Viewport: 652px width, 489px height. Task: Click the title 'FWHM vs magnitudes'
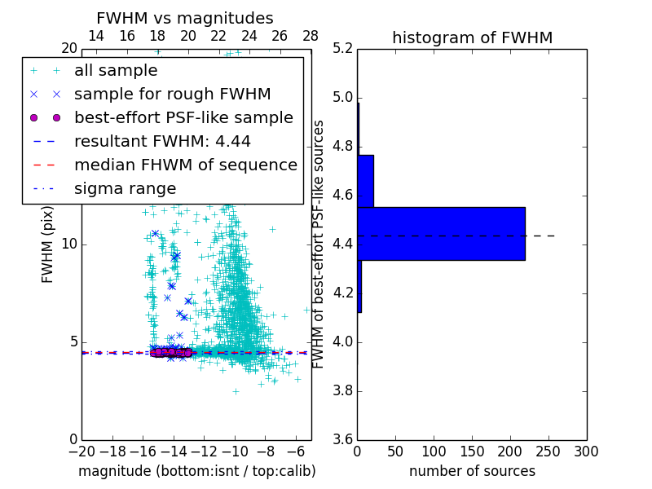click(x=185, y=19)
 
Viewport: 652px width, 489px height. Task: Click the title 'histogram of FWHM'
click(x=472, y=38)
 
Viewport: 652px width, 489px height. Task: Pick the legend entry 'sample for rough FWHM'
click(x=172, y=95)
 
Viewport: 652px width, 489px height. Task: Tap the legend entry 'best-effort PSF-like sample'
click(x=183, y=118)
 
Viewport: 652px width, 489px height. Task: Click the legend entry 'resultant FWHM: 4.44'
click(x=162, y=142)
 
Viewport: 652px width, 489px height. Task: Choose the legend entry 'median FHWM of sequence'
click(x=185, y=165)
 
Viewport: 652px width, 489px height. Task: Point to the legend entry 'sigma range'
click(x=125, y=189)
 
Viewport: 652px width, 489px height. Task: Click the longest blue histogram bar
click(x=441, y=234)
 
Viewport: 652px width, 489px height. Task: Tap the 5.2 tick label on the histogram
click(x=341, y=49)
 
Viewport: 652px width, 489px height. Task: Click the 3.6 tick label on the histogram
click(x=341, y=439)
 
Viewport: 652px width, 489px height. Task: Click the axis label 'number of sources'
click(x=472, y=471)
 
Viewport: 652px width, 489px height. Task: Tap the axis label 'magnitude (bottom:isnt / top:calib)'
click(x=196, y=471)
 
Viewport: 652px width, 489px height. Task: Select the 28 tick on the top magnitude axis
click(x=311, y=36)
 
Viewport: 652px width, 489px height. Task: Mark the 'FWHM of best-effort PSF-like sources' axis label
click(x=319, y=244)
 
